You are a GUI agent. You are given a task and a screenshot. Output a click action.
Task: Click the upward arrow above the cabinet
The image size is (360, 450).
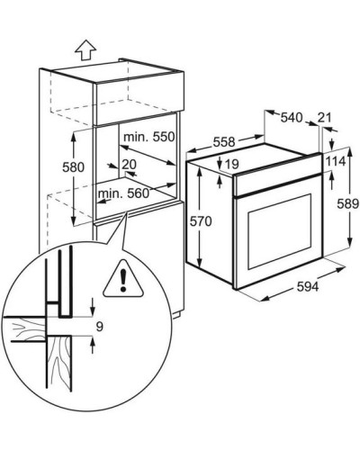tap(85, 49)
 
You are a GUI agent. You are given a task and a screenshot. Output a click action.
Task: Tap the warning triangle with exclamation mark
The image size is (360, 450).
tap(123, 279)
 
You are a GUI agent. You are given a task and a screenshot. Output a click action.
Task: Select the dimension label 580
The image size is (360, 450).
tap(73, 167)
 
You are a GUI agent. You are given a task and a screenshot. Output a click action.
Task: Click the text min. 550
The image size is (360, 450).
tap(149, 137)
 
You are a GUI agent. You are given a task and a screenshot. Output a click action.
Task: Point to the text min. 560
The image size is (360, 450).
tap(123, 193)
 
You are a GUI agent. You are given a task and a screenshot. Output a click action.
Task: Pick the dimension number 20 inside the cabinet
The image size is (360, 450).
tap(130, 164)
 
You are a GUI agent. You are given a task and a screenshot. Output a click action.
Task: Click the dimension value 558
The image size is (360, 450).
tap(224, 141)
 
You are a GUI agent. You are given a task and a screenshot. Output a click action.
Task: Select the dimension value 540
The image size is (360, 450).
tap(292, 117)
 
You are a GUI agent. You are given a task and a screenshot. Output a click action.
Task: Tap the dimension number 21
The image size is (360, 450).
tap(325, 117)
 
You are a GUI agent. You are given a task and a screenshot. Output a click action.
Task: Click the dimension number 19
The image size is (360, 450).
tap(231, 164)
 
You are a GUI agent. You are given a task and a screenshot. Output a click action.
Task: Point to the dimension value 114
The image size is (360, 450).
tap(336, 162)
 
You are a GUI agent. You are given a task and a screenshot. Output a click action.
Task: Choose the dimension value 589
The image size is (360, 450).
tap(348, 204)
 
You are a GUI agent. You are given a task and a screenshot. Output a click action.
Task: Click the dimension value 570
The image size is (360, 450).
tap(201, 221)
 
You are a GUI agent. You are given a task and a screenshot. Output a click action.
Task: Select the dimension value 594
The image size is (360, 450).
tap(308, 287)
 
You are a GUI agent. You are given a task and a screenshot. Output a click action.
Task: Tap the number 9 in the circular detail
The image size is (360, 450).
tap(100, 327)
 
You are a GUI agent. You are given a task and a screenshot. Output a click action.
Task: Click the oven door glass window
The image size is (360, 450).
tap(280, 231)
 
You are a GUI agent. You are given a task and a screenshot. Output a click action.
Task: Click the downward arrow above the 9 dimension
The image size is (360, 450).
tap(93, 307)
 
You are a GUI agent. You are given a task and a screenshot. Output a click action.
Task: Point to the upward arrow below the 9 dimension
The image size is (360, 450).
tap(93, 345)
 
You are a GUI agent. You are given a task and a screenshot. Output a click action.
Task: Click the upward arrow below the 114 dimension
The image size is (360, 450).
tap(331, 180)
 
